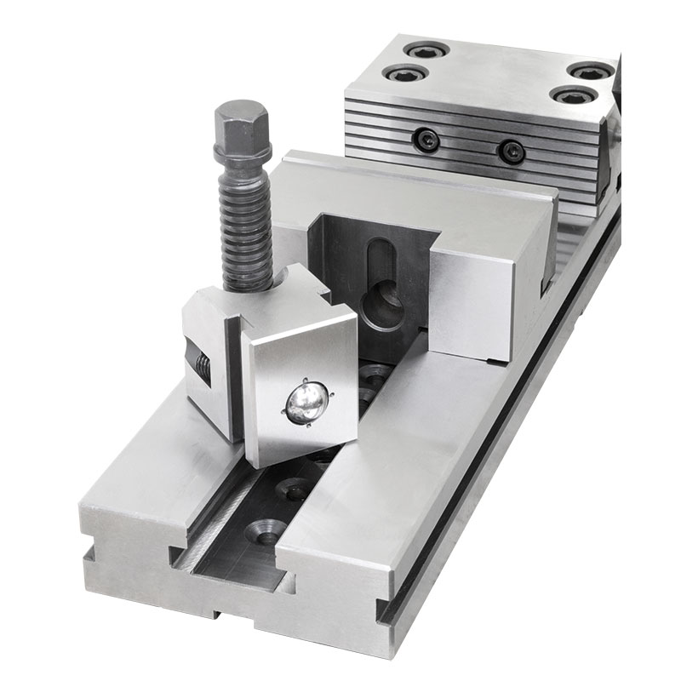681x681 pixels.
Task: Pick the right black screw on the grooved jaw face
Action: (511, 152)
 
